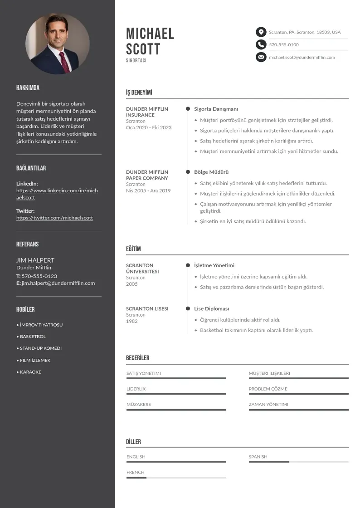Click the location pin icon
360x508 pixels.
[261, 32]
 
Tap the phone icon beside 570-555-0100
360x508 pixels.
[261, 44]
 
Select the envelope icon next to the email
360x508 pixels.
[261, 57]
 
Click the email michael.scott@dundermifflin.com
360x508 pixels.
[302, 57]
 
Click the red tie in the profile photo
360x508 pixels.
[64, 61]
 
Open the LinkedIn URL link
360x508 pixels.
[57, 194]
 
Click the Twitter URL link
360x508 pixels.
[54, 218]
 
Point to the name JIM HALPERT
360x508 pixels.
[35, 260]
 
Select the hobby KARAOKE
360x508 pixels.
[30, 372]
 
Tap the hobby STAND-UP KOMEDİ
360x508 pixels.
[40, 348]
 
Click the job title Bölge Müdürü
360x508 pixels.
[211, 172]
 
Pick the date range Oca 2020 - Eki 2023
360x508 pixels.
[149, 127]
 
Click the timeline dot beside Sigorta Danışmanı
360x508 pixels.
[188, 109]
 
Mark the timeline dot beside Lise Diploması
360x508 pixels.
[188, 308]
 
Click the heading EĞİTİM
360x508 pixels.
[133, 249]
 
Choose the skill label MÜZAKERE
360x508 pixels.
[139, 404]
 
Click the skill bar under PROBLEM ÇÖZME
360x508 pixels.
[298, 394]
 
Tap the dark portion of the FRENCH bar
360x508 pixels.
[136, 478]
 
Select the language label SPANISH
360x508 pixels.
[258, 457]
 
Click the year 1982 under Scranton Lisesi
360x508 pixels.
[131, 321]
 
